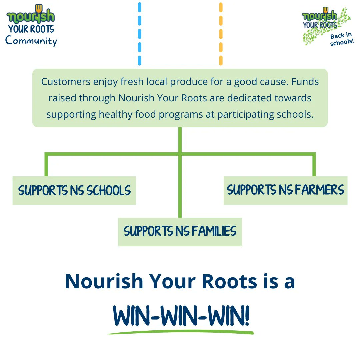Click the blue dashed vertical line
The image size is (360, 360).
139,33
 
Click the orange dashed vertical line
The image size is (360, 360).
221,33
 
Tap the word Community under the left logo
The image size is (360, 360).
31,41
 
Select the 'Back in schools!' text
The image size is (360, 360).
341,40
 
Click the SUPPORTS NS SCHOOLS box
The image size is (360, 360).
74,190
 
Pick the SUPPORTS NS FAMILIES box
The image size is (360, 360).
180,232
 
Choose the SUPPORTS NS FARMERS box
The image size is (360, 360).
285,190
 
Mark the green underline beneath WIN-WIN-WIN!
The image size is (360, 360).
180,332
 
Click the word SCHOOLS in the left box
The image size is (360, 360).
109,191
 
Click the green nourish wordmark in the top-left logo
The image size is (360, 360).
31,16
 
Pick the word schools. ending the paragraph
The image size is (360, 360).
296,114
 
